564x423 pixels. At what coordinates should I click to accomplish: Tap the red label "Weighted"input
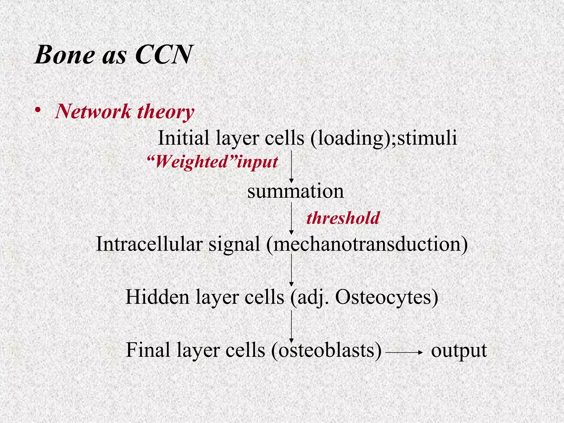pyautogui.click(x=212, y=162)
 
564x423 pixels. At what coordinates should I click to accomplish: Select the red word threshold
pyautogui.click(x=343, y=218)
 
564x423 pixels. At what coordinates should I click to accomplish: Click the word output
pyautogui.click(x=459, y=350)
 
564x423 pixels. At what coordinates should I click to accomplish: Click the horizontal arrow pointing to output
pyautogui.click(x=404, y=352)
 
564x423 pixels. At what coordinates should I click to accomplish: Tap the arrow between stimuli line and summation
pyautogui.click(x=291, y=166)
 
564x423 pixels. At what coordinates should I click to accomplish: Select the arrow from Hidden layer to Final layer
pyautogui.click(x=291, y=327)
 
